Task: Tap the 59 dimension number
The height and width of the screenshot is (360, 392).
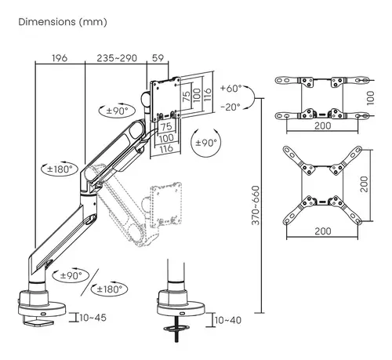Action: [157, 58]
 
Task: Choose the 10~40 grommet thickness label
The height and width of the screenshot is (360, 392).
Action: [227, 321]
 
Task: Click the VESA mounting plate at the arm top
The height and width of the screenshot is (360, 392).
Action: [165, 97]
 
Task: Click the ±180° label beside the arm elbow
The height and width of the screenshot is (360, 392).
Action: [60, 168]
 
